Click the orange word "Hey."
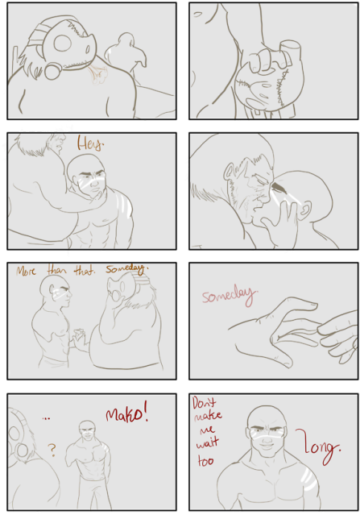point(90,145)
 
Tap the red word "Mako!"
point(126,414)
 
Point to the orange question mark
point(52,452)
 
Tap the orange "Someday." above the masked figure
point(126,269)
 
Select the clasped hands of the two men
point(79,334)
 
